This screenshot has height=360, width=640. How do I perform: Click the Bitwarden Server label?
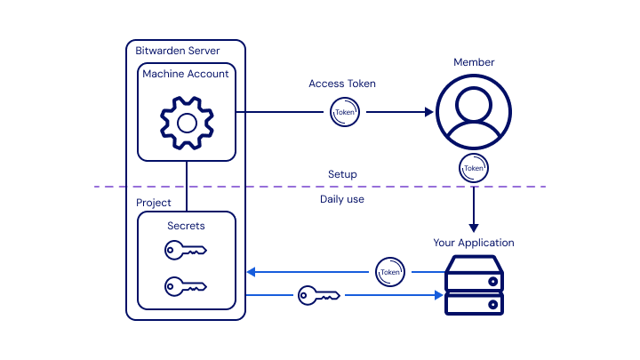pos(177,51)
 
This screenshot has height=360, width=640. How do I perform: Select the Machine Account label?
pos(186,74)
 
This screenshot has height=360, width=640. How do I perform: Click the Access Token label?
pos(342,84)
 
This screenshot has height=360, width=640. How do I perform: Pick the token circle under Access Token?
pos(344,113)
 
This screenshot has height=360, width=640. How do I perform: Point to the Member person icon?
pos(474,113)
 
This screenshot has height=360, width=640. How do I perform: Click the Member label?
pos(474,62)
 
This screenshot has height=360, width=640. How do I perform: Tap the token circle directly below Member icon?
pos(474,167)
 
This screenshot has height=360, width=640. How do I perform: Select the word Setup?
pos(342,174)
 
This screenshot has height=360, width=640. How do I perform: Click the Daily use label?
pos(342,199)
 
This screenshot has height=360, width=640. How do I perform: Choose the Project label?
pos(154,204)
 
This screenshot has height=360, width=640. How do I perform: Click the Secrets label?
pos(186,226)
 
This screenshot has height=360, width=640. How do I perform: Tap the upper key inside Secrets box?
pos(186,252)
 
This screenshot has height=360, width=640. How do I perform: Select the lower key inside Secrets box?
pos(186,286)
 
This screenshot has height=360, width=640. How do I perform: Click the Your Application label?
pos(474,243)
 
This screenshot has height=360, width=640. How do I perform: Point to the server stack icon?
pos(474,285)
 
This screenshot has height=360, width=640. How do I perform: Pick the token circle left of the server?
pos(389,271)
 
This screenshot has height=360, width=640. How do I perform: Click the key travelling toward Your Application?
pos(319,294)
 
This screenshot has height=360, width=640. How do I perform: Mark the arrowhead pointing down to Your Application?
pos(474,228)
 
